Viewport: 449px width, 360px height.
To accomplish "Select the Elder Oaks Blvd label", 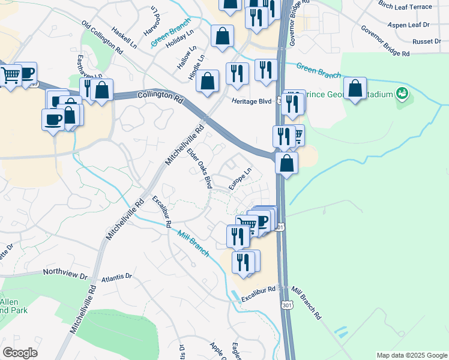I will point(200,170).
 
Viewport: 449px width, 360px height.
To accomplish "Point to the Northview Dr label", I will point(65,272).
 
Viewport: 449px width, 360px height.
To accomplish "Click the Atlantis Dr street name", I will point(117,277).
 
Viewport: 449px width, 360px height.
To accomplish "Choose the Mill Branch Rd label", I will point(306,301).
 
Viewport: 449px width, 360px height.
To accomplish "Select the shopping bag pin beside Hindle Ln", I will point(208,82).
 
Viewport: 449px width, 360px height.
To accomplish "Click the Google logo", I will point(20,353).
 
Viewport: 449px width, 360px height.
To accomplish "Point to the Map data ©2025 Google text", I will point(411,355).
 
